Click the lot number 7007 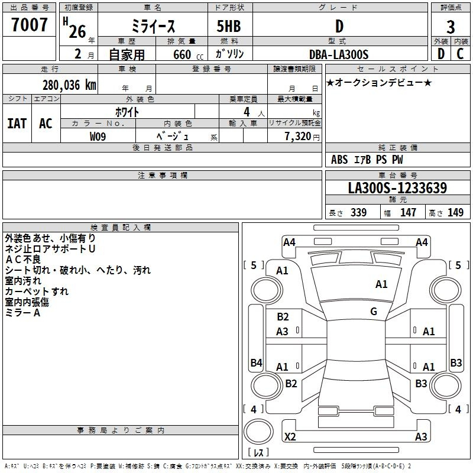pos(29,25)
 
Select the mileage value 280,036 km pos(69,85)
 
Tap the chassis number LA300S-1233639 pos(397,187)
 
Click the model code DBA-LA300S pos(339,54)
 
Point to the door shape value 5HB pos(229,26)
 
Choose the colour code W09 pos(98,137)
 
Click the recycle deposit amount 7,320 pos(298,136)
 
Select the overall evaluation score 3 pos(451,27)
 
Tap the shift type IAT pos(17,124)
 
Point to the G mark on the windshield pos(374,311)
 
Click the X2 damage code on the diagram pos(290,436)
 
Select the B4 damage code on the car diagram pos(256,362)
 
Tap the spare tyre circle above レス pos(258,432)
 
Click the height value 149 pos(455,212)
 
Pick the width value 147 pos(408,212)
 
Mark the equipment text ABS pos(339,160)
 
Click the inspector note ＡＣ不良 pos(23,260)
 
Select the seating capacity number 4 pos(247,112)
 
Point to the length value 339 pos(359,212)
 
